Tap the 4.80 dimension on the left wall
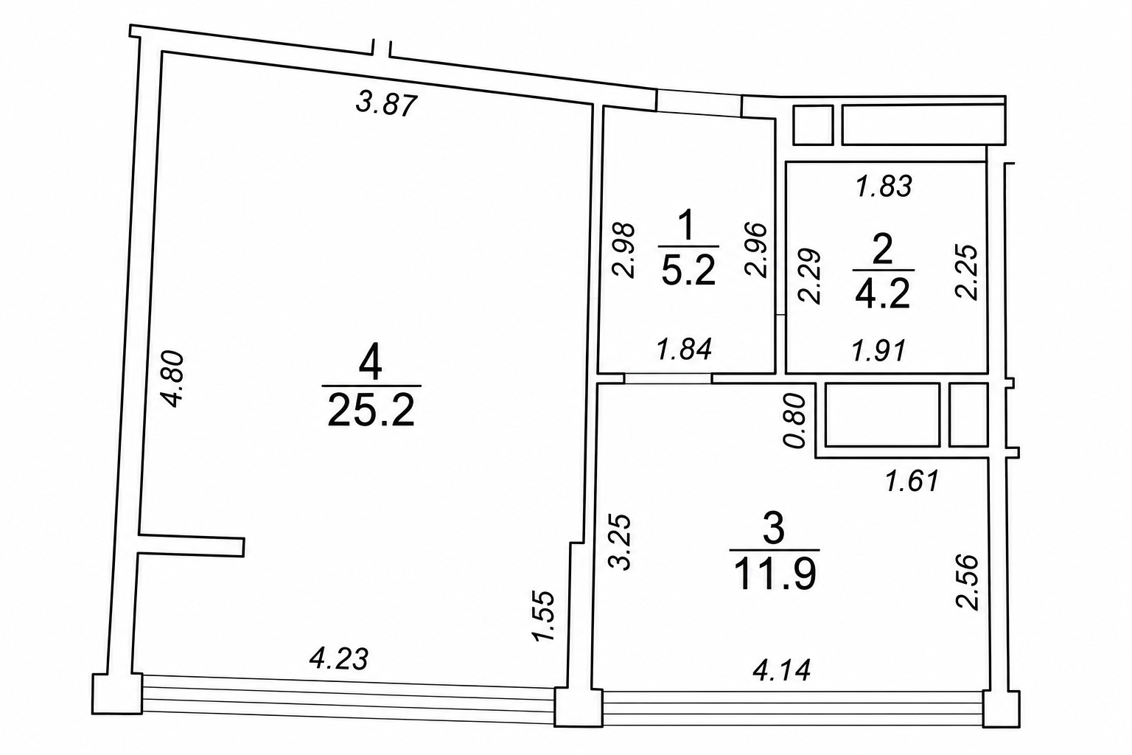point(173,379)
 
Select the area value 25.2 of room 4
point(371,410)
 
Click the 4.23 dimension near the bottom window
point(339,659)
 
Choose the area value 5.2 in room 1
point(688,271)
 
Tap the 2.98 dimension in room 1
point(623,251)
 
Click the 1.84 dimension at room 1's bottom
point(684,349)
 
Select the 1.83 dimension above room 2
point(884,186)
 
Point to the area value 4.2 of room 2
point(882,293)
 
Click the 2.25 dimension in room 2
point(967,273)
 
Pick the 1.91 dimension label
point(878,350)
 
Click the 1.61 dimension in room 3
point(912,481)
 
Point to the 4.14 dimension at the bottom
point(782,670)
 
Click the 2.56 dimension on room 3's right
point(967,582)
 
